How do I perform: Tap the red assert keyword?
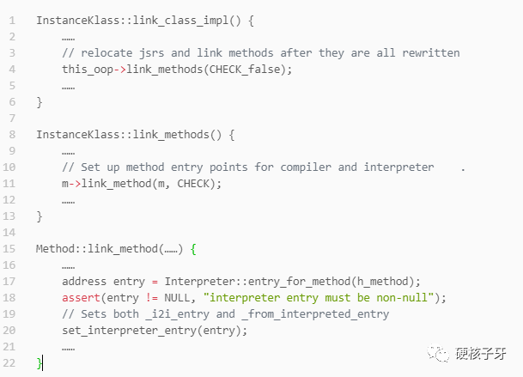pos(81,297)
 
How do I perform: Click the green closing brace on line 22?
pos(39,363)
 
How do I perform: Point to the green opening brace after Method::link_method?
pos(193,248)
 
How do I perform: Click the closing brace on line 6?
pos(39,102)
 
